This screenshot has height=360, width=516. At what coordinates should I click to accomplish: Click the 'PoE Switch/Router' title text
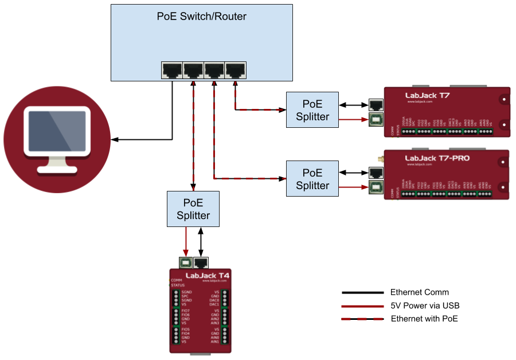pyautogui.click(x=201, y=17)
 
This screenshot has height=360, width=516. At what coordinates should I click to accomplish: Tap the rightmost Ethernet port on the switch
pyautogui.click(x=235, y=70)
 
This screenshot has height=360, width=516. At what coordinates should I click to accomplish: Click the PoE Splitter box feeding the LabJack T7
pyautogui.click(x=312, y=110)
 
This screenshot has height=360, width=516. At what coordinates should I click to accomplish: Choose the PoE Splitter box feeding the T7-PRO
pyautogui.click(x=312, y=179)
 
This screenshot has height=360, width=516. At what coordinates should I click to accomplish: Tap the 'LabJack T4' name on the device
pyautogui.click(x=207, y=276)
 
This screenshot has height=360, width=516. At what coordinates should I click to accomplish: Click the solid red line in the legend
pyautogui.click(x=362, y=306)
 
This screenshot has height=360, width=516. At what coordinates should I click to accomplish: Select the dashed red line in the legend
pyautogui.click(x=362, y=319)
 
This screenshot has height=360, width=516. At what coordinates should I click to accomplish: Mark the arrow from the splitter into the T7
pyautogui.click(x=353, y=120)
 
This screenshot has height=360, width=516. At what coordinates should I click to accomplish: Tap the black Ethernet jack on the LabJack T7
pyautogui.click(x=376, y=105)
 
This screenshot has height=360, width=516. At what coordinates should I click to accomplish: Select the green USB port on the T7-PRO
pyautogui.click(x=376, y=186)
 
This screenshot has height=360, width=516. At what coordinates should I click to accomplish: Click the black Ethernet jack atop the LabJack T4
pyautogui.click(x=201, y=263)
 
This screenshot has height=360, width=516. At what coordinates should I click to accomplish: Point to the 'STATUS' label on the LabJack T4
pyautogui.click(x=178, y=285)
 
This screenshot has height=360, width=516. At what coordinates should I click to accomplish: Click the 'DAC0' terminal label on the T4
pyautogui.click(x=214, y=300)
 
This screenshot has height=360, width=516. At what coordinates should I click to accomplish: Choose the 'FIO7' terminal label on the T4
pyautogui.click(x=186, y=311)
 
